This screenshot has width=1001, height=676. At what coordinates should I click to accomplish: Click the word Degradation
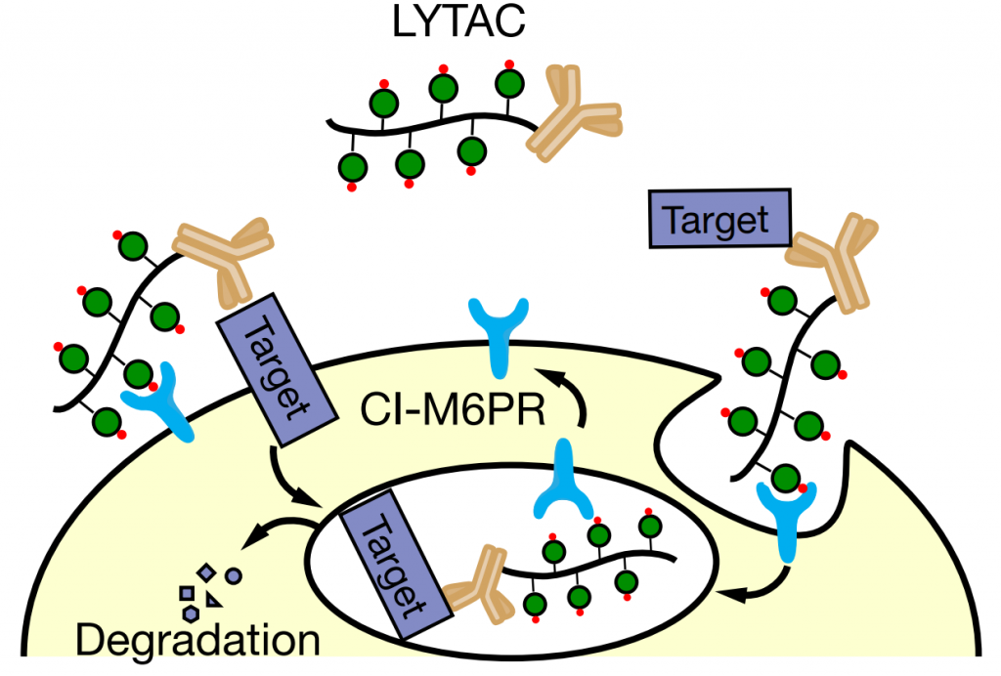[198, 640]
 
